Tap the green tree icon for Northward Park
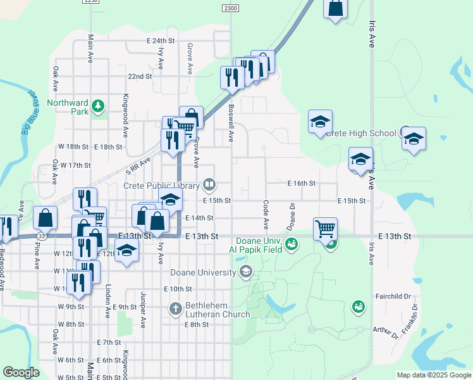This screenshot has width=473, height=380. pyautogui.click(x=97, y=106)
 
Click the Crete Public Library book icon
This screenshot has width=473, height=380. pyautogui.click(x=209, y=185)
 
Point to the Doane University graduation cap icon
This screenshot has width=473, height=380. pyautogui.click(x=245, y=272)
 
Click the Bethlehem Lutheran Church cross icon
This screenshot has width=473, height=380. pyautogui.click(x=176, y=308)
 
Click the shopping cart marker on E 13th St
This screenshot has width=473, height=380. pyautogui.click(x=325, y=228)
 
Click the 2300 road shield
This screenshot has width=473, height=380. pyautogui.click(x=230, y=8)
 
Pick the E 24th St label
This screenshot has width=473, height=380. pyautogui.click(x=160, y=40)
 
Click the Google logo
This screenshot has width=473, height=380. pyautogui.click(x=21, y=372)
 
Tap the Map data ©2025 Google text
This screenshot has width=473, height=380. pyautogui.click(x=433, y=375)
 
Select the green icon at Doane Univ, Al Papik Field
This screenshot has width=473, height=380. pyautogui.click(x=292, y=244)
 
